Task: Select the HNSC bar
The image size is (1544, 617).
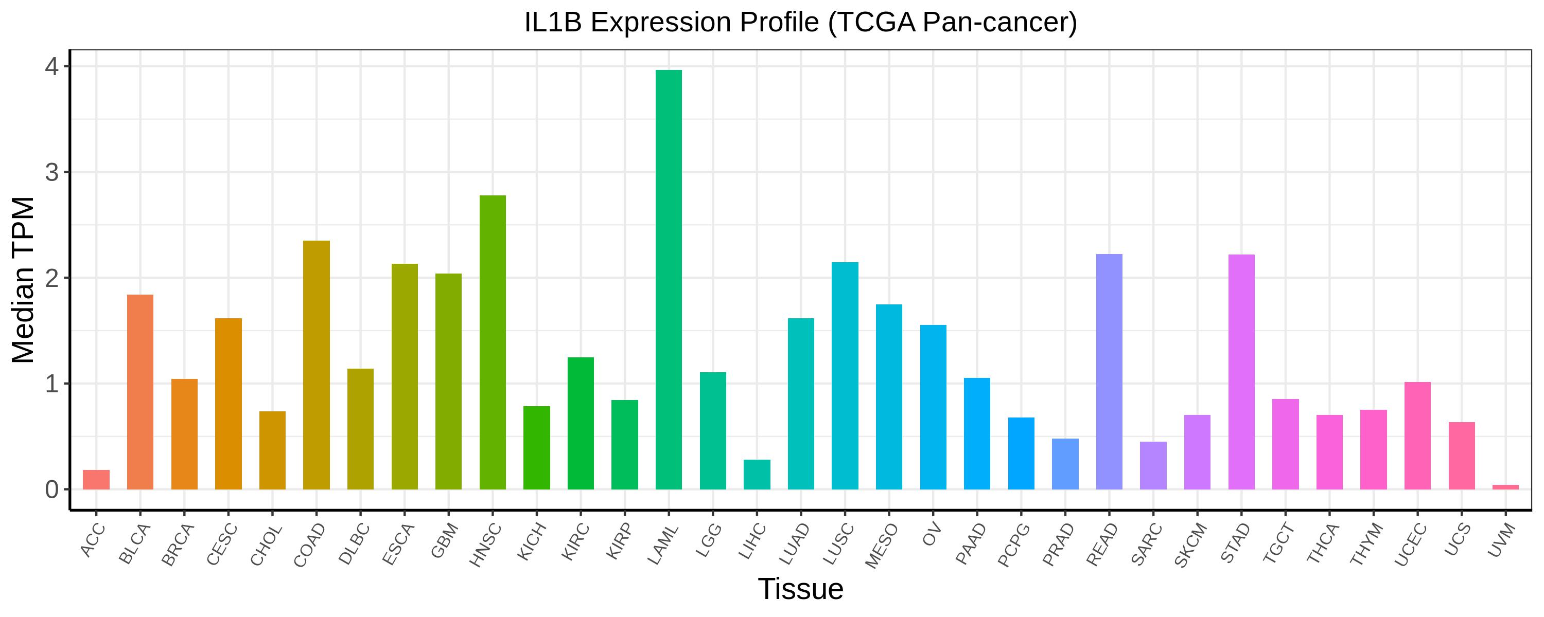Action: coord(492,342)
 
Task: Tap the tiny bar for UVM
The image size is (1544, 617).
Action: coord(1505,486)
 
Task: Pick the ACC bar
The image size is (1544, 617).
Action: coord(96,479)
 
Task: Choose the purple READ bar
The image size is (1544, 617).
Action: coord(1109,371)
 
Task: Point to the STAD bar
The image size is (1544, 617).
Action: coord(1241,371)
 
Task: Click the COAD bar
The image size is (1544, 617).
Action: coord(316,365)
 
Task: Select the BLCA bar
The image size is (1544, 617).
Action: coord(141,392)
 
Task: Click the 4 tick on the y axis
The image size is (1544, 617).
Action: coord(52,66)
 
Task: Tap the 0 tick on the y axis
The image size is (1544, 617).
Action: coord(52,489)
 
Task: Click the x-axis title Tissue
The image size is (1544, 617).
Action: coord(800,589)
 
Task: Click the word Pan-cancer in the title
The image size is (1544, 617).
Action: coord(999,23)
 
